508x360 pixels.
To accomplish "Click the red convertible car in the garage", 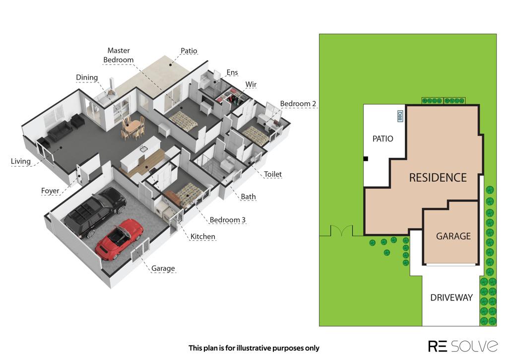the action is coord(119,239).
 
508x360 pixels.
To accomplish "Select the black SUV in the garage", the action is coord(95,212).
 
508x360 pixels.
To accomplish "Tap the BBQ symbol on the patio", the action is coord(400,116).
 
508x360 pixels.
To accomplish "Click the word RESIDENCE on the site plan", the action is coord(438,177).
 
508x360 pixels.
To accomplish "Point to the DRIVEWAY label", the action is coord(451,297).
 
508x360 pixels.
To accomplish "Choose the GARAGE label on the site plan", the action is coord(453,236).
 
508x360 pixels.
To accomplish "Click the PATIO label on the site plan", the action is coord(382,139).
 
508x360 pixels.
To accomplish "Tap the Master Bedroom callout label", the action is coord(118,55).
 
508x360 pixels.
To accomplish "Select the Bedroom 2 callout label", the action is coord(298,103).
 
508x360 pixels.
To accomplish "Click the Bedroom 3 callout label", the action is coord(227,220).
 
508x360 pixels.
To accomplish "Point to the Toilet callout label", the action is coord(273,174).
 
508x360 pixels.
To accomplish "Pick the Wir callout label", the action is coord(251,84).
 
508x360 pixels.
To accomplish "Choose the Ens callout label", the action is coord(232,72).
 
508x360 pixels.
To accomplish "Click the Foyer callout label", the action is coord(50,191).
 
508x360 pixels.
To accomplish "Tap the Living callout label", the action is coord(21,161).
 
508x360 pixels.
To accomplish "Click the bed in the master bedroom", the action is coord(184,121).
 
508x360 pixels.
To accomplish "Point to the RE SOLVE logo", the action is coord(463,346).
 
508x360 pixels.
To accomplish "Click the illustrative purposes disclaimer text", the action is coord(254,348).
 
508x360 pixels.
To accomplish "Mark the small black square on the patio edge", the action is coord(366,159).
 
